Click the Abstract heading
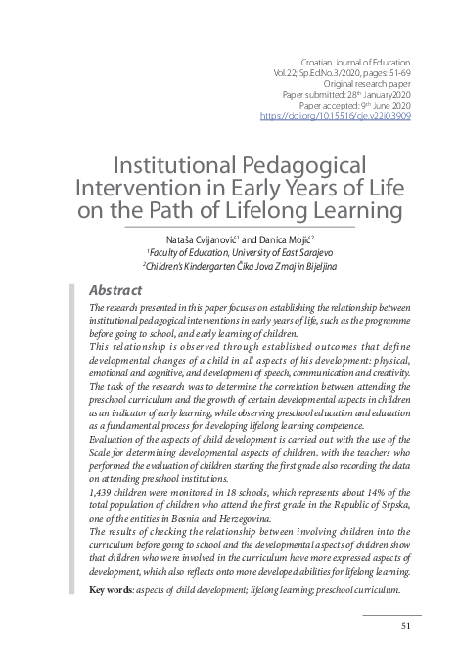point(115,290)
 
